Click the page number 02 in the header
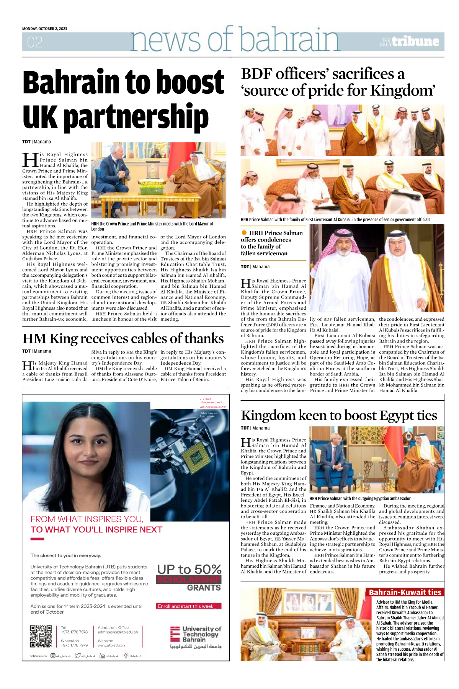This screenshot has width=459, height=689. [34, 42]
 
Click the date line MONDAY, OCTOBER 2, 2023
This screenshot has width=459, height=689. [44, 29]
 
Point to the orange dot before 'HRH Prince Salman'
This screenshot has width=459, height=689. [244, 233]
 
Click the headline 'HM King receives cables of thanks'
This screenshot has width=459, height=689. [123, 338]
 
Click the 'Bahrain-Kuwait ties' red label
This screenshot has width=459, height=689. [405, 592]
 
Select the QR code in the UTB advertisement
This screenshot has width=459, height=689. [41, 636]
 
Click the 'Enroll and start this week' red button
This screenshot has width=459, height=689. [189, 606]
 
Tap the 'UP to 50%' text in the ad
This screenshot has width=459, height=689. [189, 569]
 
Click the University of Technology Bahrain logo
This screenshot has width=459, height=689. [196, 637]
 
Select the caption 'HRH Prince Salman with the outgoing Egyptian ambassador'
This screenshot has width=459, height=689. [360, 498]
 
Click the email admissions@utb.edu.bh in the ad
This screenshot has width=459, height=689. [118, 632]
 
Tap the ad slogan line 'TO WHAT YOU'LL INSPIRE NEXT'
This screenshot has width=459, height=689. [96, 529]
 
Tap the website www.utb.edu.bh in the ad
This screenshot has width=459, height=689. [111, 645]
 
